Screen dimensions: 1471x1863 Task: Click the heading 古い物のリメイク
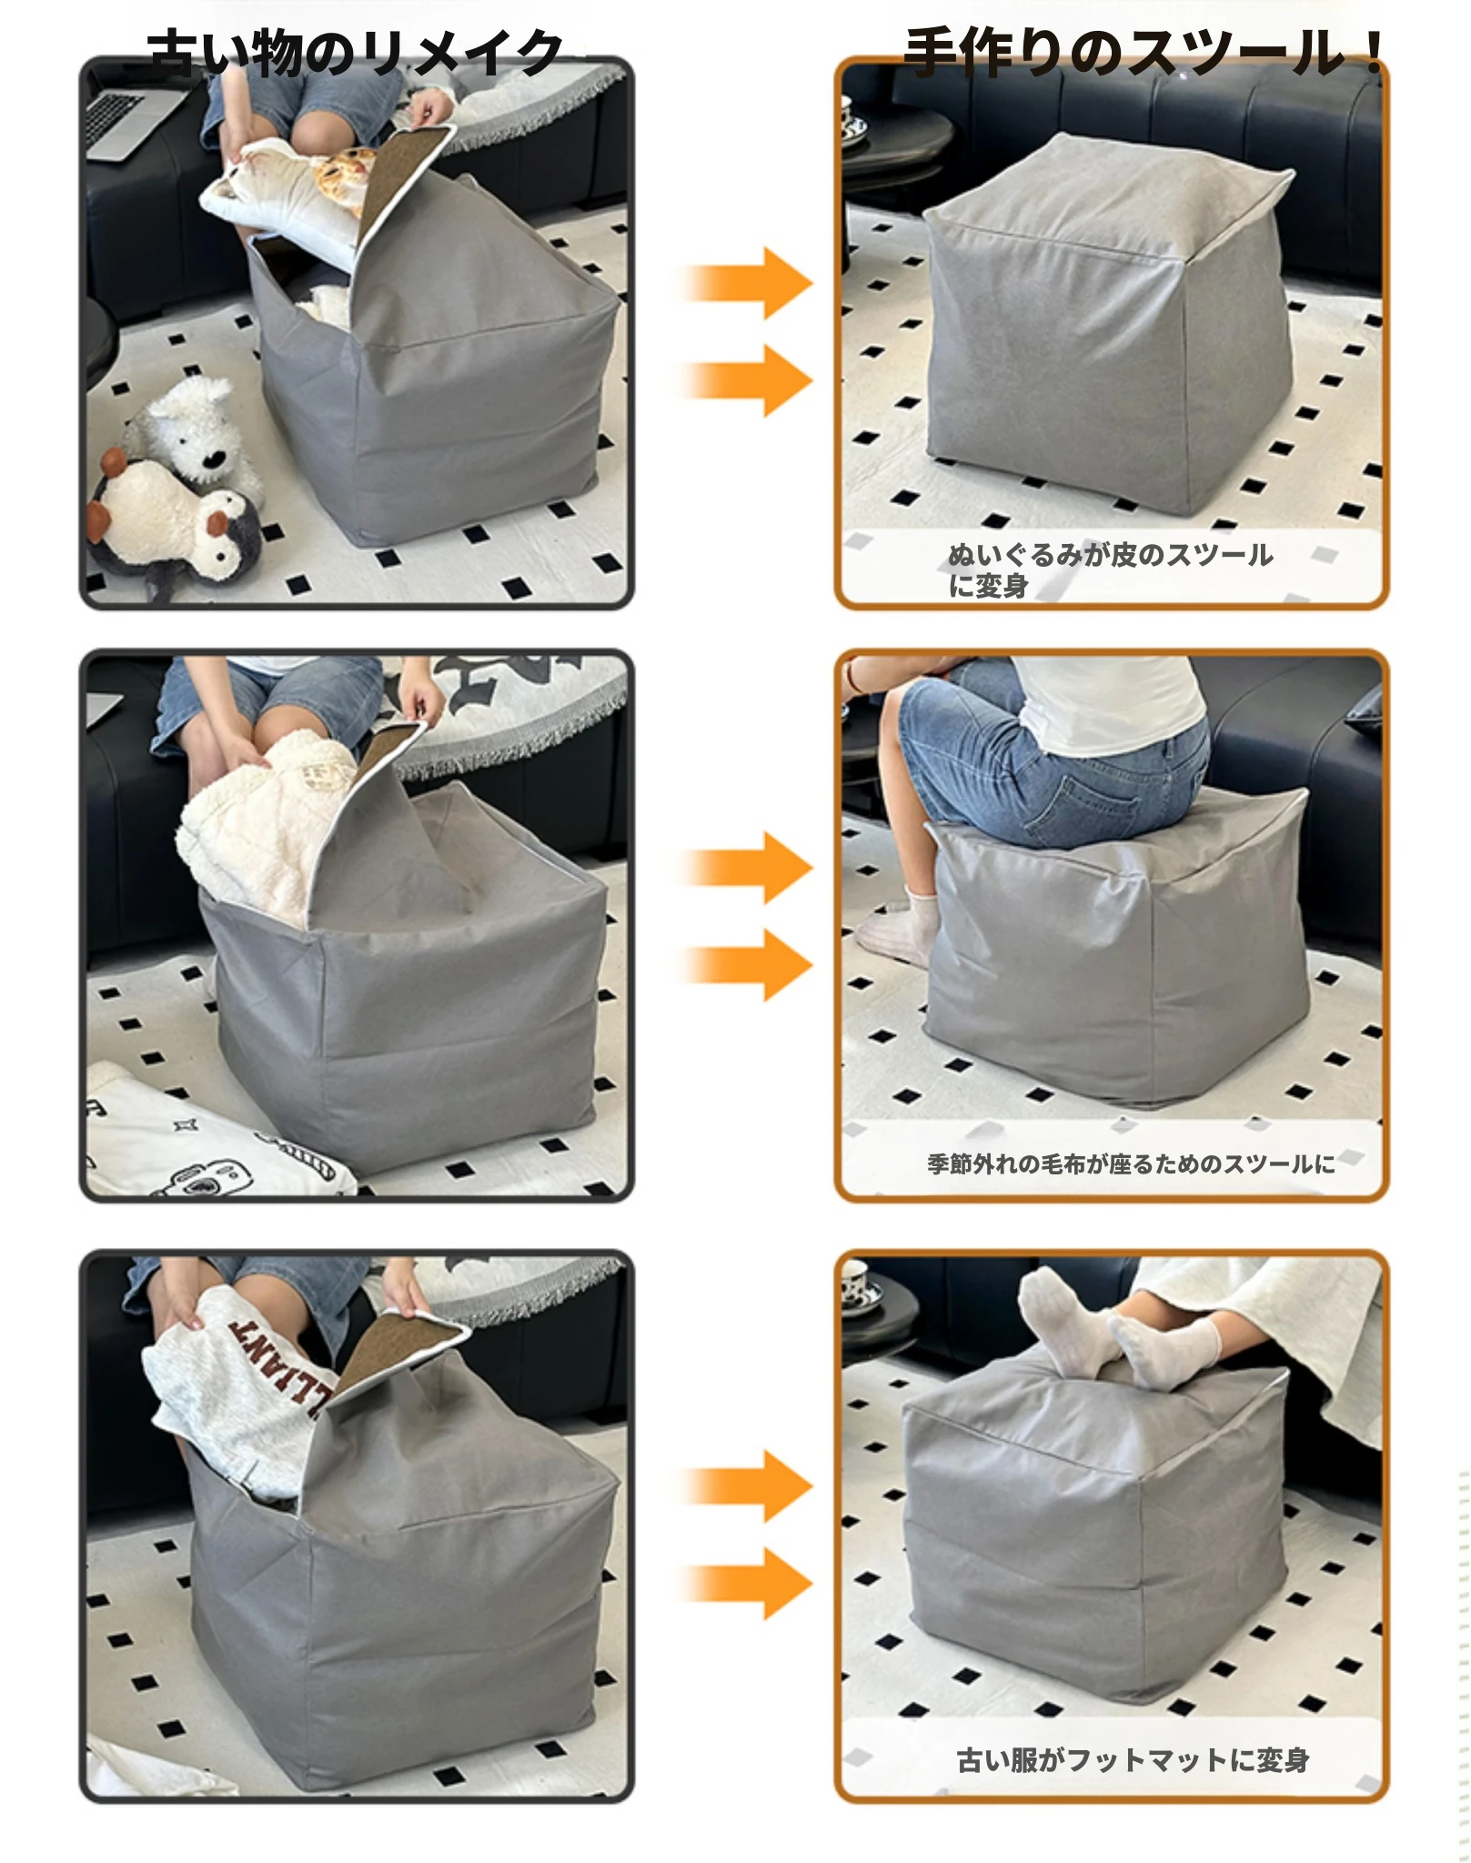click(x=355, y=53)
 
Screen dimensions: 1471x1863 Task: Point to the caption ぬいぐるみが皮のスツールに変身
click(x=1110, y=570)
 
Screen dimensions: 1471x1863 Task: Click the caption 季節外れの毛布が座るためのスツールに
click(x=1131, y=1163)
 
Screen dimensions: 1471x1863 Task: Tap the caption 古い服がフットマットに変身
click(x=1133, y=1760)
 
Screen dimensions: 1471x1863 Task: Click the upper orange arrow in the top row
click(x=746, y=282)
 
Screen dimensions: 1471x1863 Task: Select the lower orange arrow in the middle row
click(x=746, y=964)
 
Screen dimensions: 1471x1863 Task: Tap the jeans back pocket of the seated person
click(x=1087, y=801)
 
